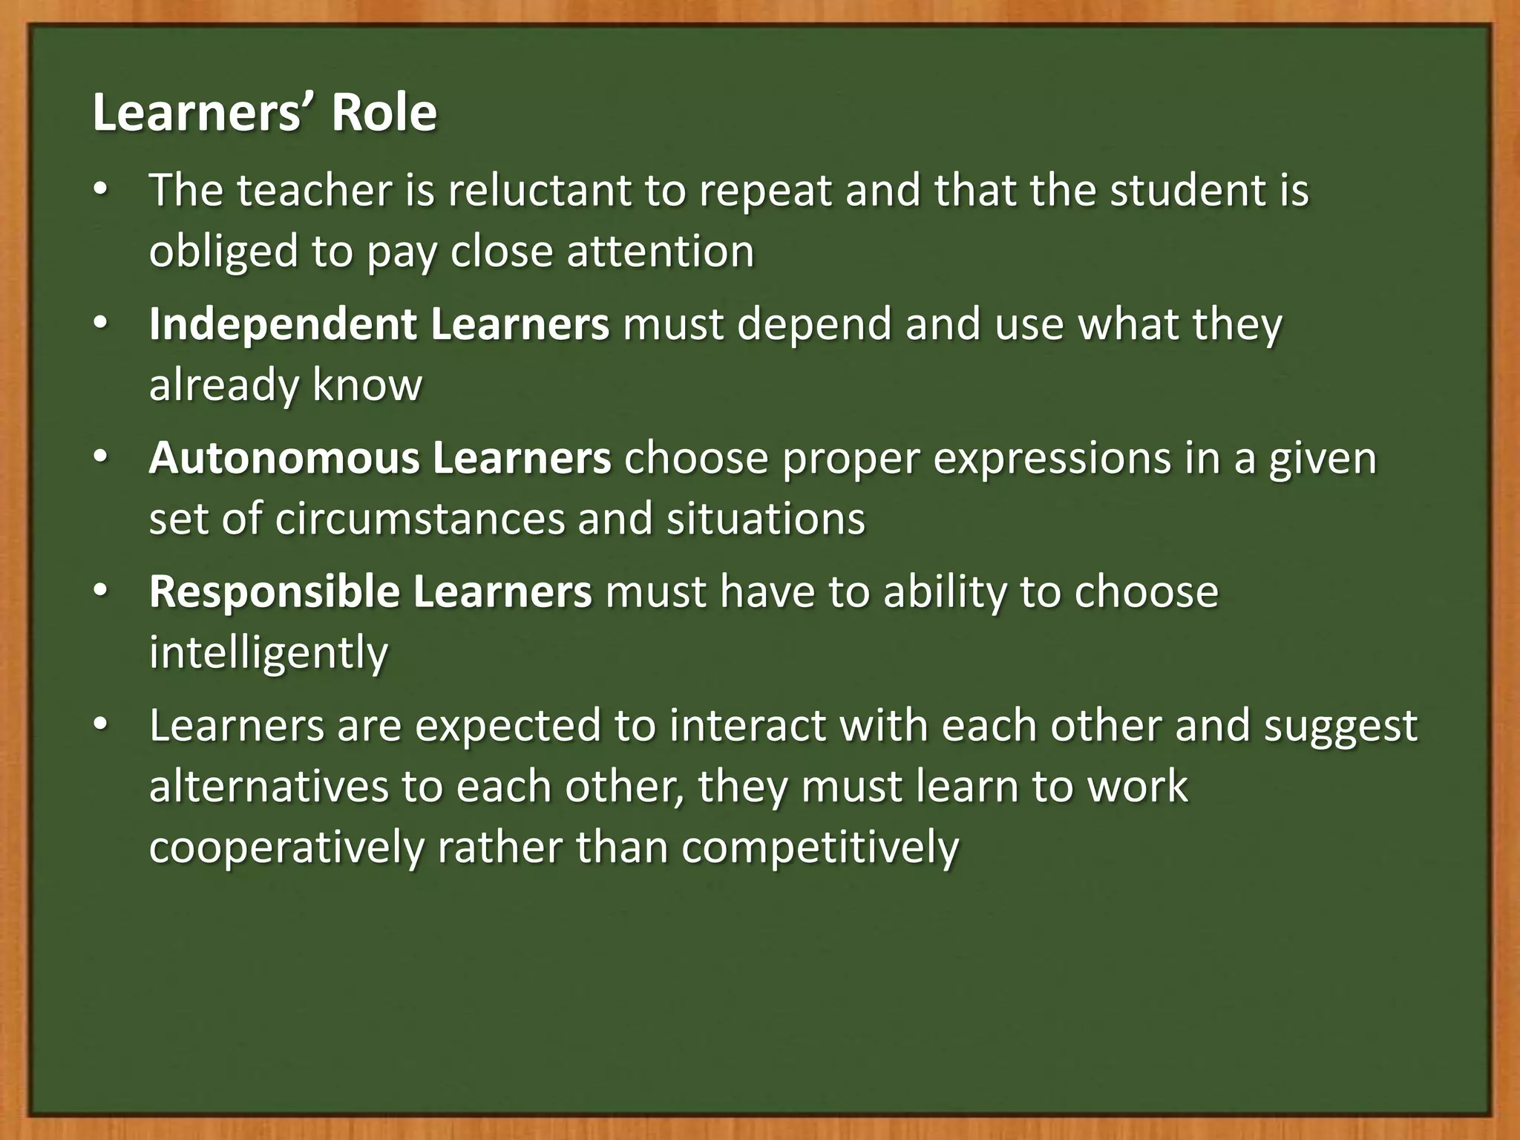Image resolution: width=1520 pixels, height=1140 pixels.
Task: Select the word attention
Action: [x=661, y=251]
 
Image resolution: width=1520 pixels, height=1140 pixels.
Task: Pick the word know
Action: [x=367, y=384]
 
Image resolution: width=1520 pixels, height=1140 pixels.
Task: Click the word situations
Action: [x=765, y=518]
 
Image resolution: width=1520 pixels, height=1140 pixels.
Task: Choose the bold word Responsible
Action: [x=273, y=592]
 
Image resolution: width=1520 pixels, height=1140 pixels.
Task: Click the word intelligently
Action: [x=269, y=652]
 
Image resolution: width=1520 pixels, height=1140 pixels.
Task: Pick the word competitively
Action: [x=820, y=847]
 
